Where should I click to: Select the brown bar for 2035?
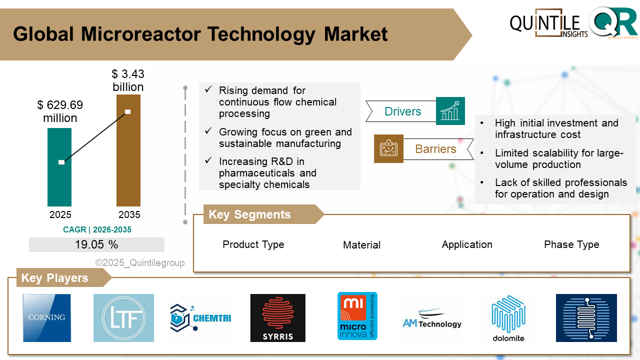click(x=128, y=165)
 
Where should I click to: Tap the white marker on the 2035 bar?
click(x=128, y=111)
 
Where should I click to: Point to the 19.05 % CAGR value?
click(x=96, y=244)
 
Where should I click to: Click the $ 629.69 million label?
click(x=60, y=111)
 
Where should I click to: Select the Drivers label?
click(x=402, y=111)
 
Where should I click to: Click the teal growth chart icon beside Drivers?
click(x=450, y=111)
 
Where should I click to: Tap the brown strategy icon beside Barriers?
click(x=388, y=148)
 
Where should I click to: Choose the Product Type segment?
click(x=253, y=244)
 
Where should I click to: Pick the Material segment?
click(x=361, y=245)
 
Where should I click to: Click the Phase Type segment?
click(x=571, y=244)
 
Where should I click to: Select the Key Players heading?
click(x=54, y=278)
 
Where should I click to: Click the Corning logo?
click(x=47, y=318)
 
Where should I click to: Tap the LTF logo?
click(x=123, y=318)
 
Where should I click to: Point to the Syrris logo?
click(x=277, y=318)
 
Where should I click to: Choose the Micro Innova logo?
click(x=357, y=316)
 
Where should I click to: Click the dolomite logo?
click(x=508, y=318)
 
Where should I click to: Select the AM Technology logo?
click(x=432, y=320)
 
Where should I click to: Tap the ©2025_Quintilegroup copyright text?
click(x=140, y=262)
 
